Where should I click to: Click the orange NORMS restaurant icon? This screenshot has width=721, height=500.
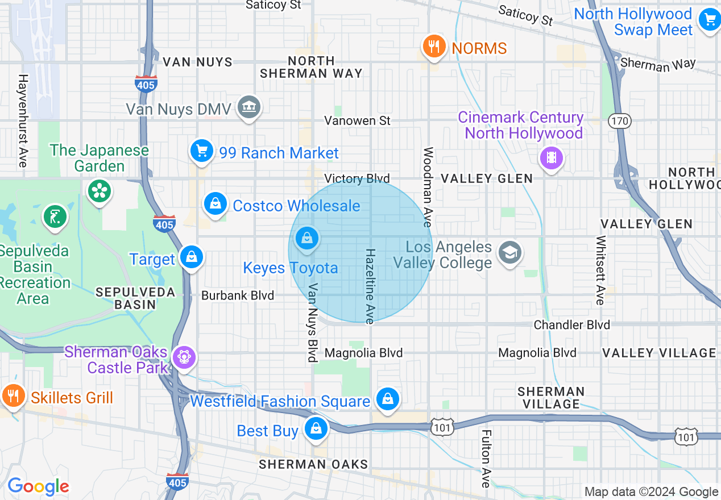pyautogui.click(x=434, y=47)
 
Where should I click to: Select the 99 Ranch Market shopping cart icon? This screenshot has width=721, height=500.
pyautogui.click(x=202, y=152)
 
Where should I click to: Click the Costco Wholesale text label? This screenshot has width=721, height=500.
pyautogui.click(x=296, y=206)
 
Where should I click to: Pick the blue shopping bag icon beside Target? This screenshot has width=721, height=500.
pyautogui.click(x=192, y=257)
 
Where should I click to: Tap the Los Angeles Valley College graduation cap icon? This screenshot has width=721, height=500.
pyautogui.click(x=509, y=253)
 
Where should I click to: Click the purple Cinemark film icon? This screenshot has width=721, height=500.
pyautogui.click(x=551, y=157)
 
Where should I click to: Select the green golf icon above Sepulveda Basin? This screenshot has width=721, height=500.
pyautogui.click(x=55, y=216)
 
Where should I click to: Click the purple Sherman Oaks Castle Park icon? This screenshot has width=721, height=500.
pyautogui.click(x=185, y=358)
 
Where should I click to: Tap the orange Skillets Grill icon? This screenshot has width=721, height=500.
pyautogui.click(x=12, y=395)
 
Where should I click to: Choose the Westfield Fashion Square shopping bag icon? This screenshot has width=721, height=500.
pyautogui.click(x=387, y=399)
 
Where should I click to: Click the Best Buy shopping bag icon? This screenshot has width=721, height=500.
pyautogui.click(x=316, y=429)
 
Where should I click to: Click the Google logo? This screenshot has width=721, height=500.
pyautogui.click(x=38, y=486)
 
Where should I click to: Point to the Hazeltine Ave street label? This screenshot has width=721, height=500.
pyautogui.click(x=370, y=286)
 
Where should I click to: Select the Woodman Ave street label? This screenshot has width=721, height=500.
pyautogui.click(x=428, y=187)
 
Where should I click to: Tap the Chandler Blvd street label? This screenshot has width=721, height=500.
pyautogui.click(x=571, y=324)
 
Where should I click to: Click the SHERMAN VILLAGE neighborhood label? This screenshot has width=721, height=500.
pyautogui.click(x=550, y=398)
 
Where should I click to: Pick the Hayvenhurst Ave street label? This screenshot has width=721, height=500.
pyautogui.click(x=23, y=120)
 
